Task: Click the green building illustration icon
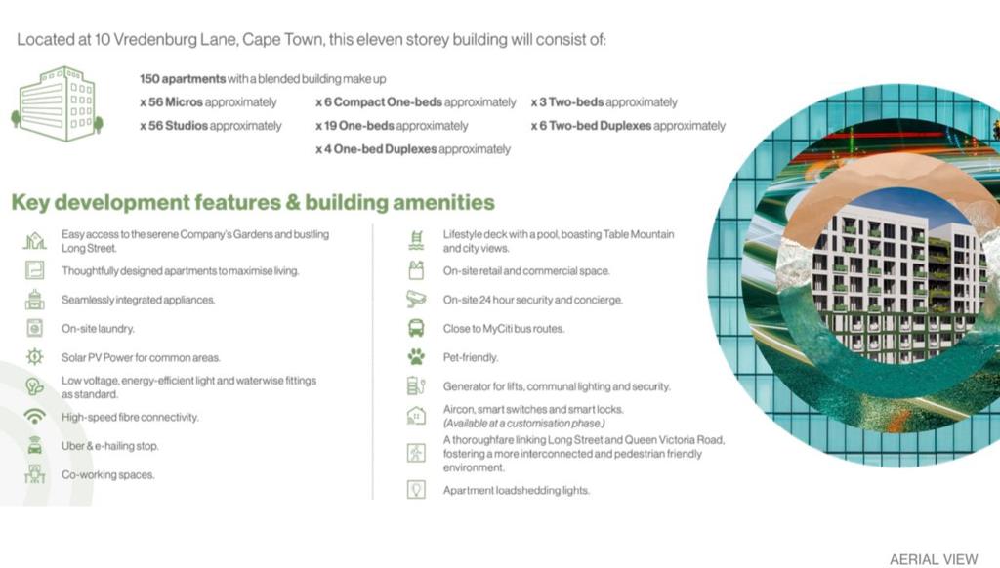58,103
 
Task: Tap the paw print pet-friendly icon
416,357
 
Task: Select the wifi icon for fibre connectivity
34,417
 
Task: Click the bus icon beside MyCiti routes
416,328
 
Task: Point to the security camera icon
416,299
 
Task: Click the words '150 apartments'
183,79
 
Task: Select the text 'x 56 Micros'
172,102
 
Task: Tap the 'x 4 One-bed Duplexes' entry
376,149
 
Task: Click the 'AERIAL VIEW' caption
934,559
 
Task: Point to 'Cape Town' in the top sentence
282,39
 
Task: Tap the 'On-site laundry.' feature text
99,328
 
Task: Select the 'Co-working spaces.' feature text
108,474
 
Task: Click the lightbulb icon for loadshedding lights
416,490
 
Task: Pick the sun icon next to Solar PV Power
34,356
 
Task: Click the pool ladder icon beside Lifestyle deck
416,240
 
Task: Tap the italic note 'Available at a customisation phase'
524,424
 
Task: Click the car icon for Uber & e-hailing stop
34,445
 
